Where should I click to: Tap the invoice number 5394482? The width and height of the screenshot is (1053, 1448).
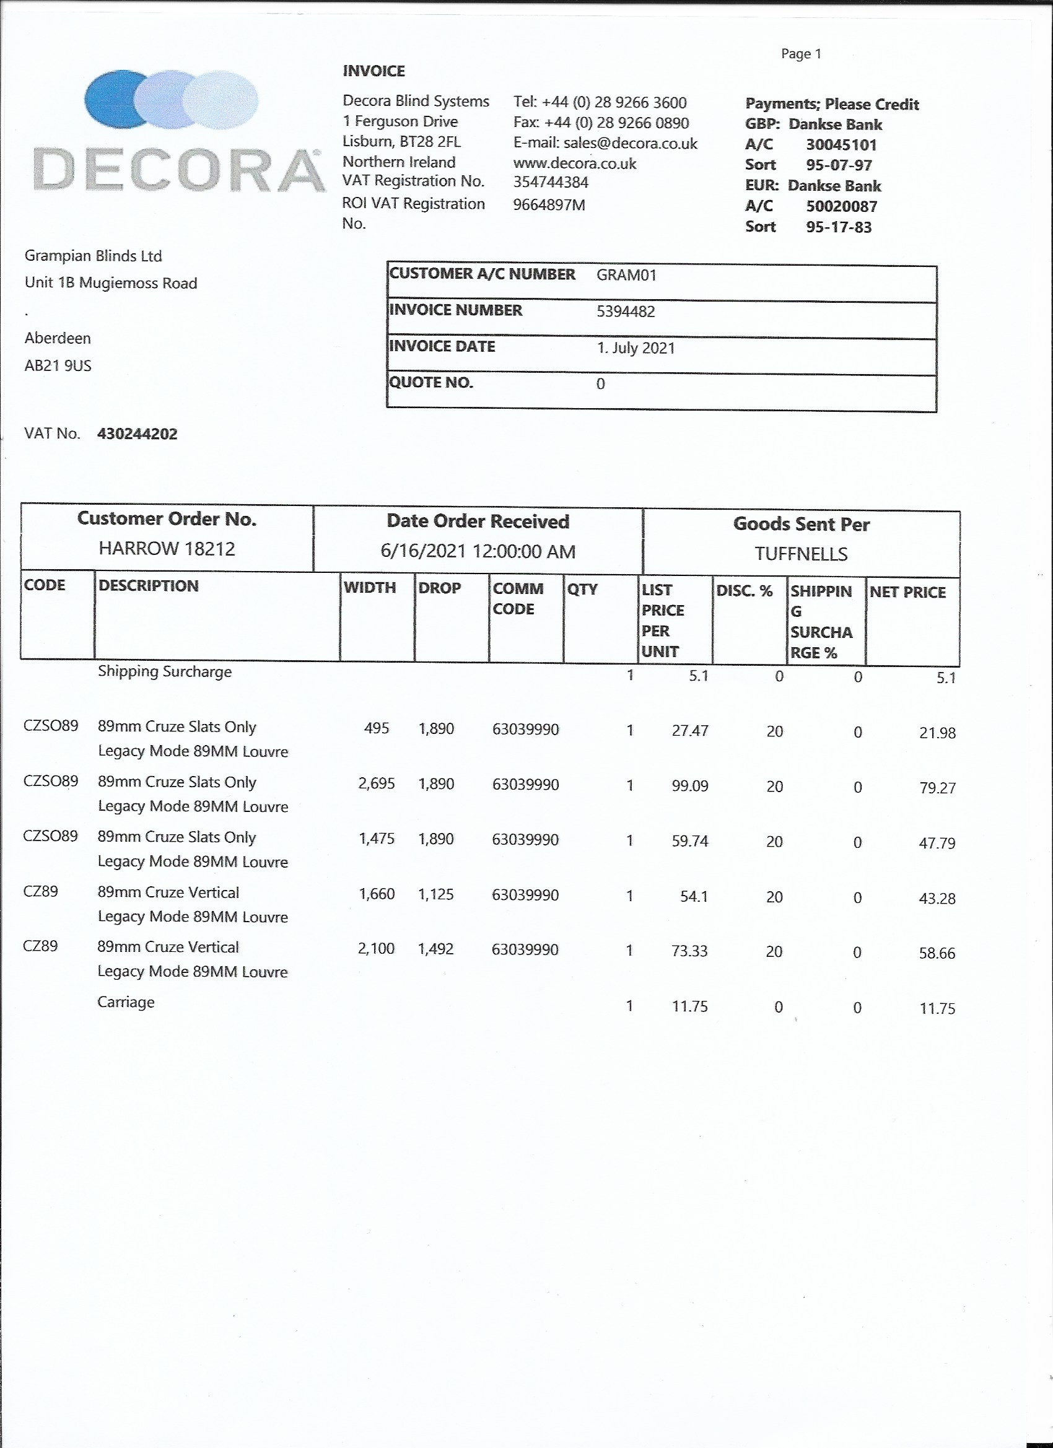(x=625, y=312)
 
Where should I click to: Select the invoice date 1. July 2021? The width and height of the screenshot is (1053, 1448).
(x=636, y=348)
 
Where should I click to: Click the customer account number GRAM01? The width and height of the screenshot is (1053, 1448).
(x=626, y=275)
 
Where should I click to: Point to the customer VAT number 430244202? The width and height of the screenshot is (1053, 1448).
(x=137, y=434)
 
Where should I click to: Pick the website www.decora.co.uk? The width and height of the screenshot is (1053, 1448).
(x=574, y=164)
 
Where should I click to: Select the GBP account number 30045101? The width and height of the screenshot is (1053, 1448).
(x=841, y=145)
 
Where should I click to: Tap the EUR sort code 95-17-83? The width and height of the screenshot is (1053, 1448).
(x=839, y=227)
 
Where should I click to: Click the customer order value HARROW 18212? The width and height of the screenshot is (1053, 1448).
(x=167, y=549)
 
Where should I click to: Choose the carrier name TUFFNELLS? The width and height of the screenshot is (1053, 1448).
(x=801, y=554)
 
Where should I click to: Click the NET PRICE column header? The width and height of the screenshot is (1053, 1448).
(x=907, y=593)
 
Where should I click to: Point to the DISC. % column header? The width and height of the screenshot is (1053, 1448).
(x=744, y=591)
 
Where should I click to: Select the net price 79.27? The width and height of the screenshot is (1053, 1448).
(x=937, y=788)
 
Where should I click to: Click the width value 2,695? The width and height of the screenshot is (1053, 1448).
(x=376, y=783)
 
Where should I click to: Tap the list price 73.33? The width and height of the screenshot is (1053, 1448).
(x=689, y=951)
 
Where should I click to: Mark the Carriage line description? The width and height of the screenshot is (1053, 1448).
(x=126, y=1001)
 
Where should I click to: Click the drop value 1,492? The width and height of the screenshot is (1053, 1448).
(x=435, y=949)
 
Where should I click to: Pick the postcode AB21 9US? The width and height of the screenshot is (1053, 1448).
(x=58, y=366)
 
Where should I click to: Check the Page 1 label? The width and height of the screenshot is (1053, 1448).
(x=801, y=55)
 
